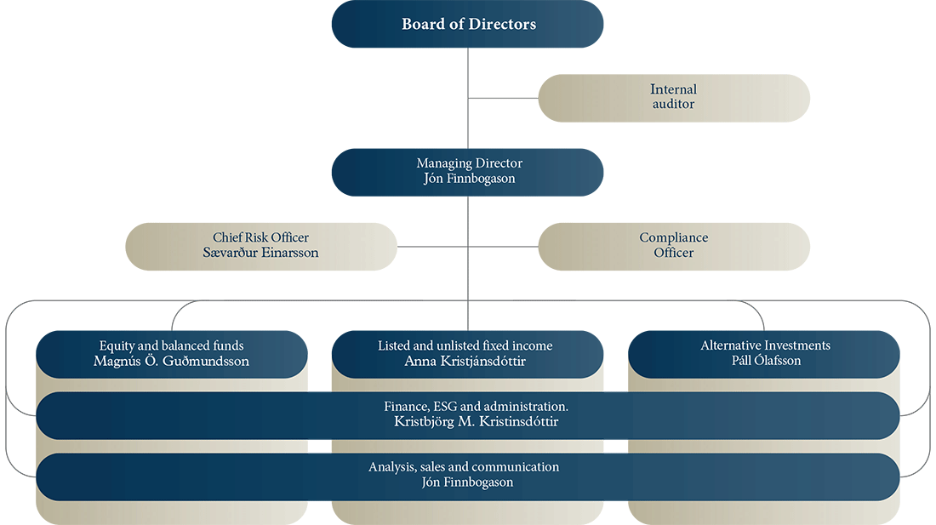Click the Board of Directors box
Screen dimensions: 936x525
pos(467,24)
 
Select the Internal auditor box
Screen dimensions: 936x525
pos(674,98)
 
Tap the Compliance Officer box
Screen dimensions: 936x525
pos(674,247)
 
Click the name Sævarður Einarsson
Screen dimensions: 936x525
pos(261,253)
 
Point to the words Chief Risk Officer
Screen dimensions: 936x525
pos(261,237)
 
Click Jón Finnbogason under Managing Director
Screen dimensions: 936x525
pos(469,179)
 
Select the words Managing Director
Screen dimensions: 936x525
pos(469,163)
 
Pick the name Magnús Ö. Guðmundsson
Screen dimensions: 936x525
pos(171,361)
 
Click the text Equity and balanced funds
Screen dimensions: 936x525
pos(171,345)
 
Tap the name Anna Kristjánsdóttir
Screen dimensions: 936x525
pos(465,361)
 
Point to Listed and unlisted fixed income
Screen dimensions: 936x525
pos(465,345)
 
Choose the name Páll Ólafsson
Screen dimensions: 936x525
pos(767,360)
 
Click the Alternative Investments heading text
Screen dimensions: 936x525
pos(765,345)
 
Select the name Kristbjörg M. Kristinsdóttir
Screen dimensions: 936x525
pos(477,422)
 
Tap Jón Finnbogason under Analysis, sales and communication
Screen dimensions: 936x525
pos(467,482)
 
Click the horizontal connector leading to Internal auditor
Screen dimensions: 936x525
pos(503,98)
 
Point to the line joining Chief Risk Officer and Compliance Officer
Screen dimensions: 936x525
pos(467,247)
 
